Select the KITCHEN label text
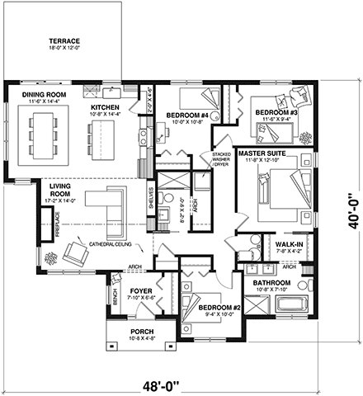point(106,107)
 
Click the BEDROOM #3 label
point(275,112)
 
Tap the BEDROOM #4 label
point(186,115)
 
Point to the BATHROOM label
point(265,283)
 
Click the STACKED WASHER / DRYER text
point(223,159)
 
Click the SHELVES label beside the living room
point(151,200)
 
